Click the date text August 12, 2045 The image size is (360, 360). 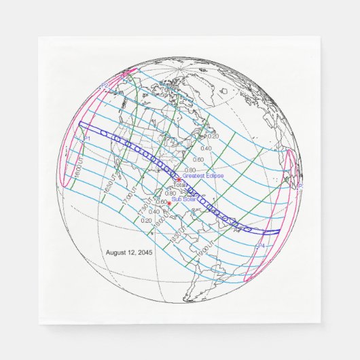tap(130, 252)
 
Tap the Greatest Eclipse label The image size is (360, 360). tap(202, 176)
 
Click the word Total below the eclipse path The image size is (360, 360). tap(179, 185)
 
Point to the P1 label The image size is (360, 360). tap(87, 139)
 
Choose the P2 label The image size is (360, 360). tap(104, 86)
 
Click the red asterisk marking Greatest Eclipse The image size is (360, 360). tap(178, 179)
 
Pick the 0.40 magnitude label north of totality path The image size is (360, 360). tap(206, 148)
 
